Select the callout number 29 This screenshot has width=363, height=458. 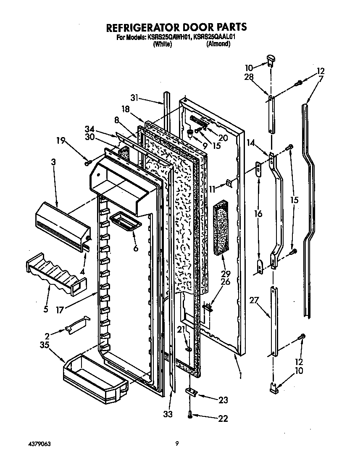(226, 274)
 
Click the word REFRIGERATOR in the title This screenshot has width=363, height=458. (141, 27)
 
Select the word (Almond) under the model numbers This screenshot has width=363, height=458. (218, 44)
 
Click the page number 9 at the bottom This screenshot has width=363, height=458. (177, 443)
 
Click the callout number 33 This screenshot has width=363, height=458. (168, 414)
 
